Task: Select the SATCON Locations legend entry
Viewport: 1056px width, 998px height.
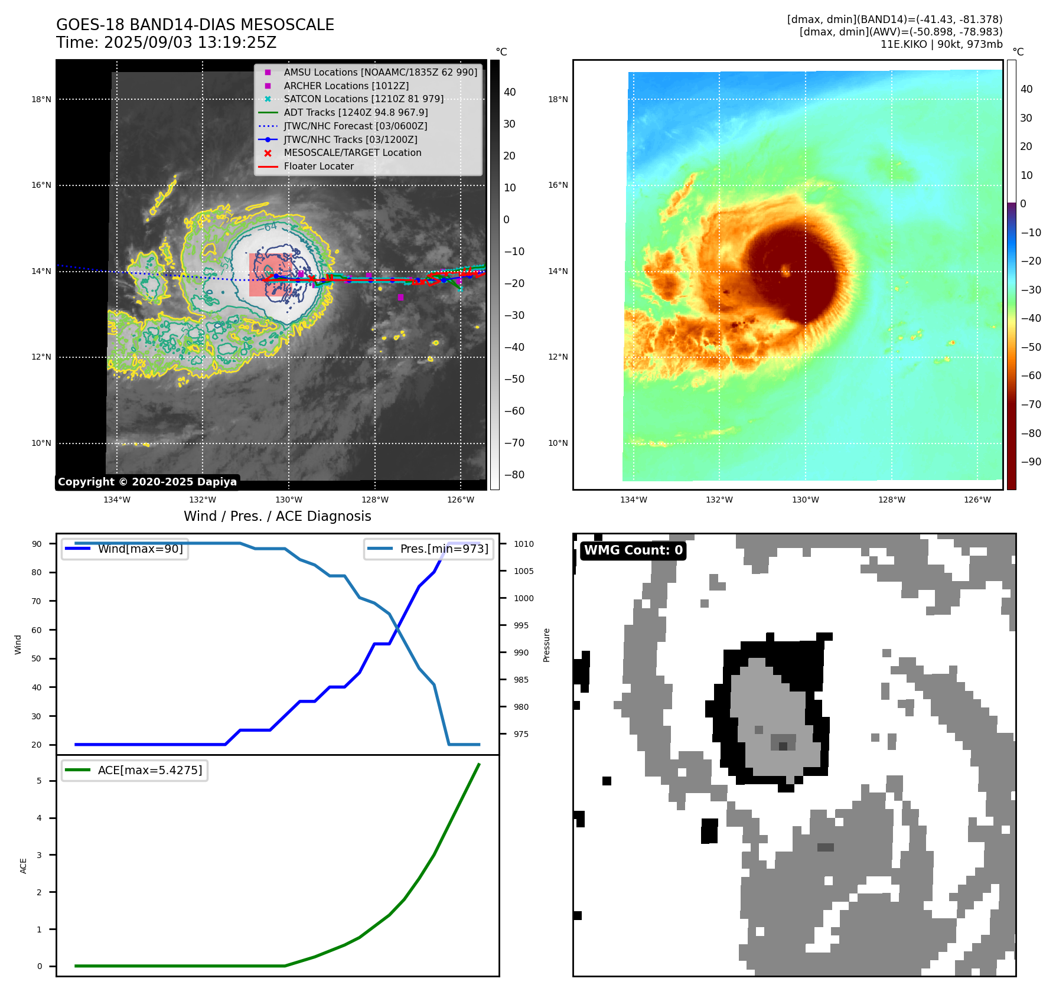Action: (363, 99)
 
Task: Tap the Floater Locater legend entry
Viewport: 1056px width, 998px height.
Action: (318, 167)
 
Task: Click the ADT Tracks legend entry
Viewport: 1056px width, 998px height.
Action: (356, 112)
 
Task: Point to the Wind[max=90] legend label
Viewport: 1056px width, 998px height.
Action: (140, 549)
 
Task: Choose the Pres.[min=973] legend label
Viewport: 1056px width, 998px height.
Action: (444, 549)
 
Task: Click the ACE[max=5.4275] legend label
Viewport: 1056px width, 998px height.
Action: (149, 770)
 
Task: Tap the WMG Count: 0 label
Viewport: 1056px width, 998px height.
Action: (633, 550)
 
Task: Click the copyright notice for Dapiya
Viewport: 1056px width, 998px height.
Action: (147, 482)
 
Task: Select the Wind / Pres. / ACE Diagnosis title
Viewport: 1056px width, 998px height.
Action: (277, 516)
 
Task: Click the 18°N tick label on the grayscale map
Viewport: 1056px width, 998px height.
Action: (41, 99)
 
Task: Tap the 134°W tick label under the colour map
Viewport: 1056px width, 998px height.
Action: (634, 500)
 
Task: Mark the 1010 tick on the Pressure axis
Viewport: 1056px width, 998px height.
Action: (523, 544)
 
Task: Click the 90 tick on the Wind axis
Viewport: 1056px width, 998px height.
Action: (37, 544)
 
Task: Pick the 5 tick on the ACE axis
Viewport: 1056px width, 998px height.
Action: (40, 781)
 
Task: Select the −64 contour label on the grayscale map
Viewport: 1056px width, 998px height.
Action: (269, 227)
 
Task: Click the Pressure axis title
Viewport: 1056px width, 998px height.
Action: (546, 645)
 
